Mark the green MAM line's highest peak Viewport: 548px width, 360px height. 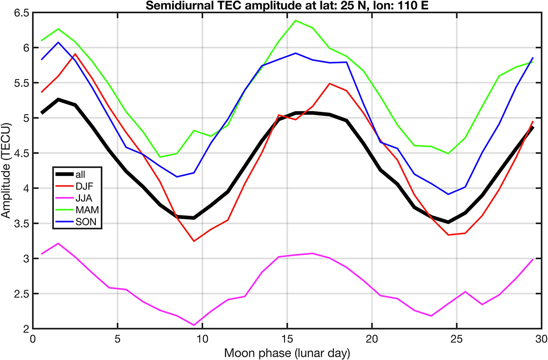click(295, 21)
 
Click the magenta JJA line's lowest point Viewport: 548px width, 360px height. click(194, 325)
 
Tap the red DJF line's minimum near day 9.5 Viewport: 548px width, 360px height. click(194, 241)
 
